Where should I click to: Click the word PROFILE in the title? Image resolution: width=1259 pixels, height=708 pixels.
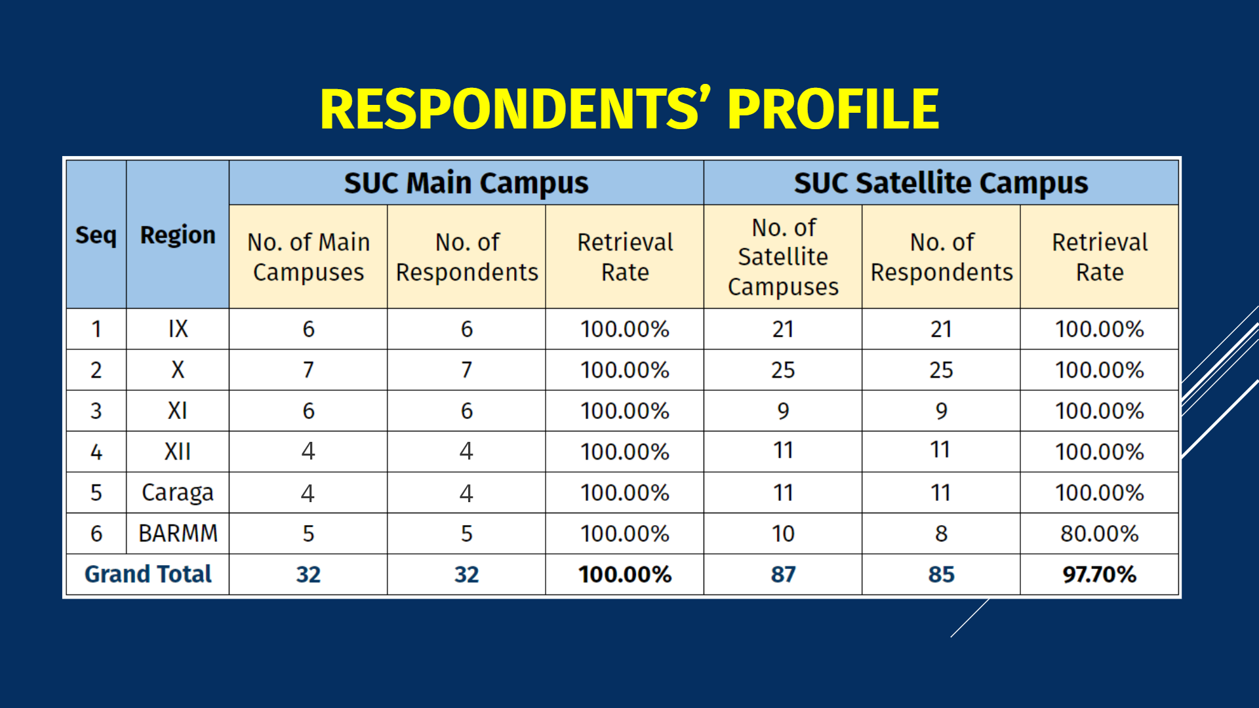point(833,109)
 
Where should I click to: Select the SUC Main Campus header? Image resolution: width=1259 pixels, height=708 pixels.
point(466,183)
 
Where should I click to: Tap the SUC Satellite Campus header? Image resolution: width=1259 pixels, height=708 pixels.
point(941,183)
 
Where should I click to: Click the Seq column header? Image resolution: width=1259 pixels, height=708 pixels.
point(96,235)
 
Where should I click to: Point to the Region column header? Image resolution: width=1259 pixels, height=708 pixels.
point(178,235)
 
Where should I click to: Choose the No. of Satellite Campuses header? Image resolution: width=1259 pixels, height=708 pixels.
point(783,257)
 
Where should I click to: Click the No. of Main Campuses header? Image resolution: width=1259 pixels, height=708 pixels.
point(308,257)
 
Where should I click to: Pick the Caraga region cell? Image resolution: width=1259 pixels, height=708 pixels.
point(178,492)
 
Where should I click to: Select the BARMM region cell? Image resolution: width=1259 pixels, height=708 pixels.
point(178,534)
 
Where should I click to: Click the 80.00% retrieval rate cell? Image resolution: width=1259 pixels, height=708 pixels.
point(1100,534)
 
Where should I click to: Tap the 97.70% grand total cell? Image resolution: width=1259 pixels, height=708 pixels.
point(1100,574)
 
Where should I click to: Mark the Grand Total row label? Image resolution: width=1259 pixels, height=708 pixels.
point(148,574)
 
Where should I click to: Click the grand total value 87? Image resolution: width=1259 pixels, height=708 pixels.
point(783,574)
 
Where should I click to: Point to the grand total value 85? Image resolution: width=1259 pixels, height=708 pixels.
point(941,574)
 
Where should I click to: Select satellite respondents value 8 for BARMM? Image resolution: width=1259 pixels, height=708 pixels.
point(941,534)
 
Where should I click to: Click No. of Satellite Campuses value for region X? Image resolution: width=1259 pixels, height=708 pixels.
point(783,370)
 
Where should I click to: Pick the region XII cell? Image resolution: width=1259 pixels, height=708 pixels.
point(178,452)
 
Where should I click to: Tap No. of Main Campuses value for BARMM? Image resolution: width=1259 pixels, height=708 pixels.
point(308,534)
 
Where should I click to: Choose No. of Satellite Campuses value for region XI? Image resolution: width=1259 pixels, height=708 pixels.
point(783,411)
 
